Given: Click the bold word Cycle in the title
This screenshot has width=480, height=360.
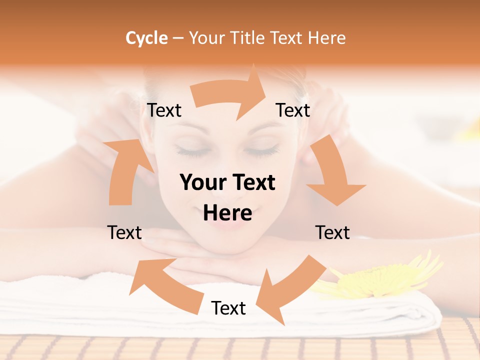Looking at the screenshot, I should pyautogui.click(x=146, y=38).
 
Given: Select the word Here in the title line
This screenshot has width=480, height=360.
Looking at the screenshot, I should pyautogui.click(x=327, y=38).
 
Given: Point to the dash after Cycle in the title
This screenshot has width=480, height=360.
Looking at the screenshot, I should pyautogui.click(x=178, y=38).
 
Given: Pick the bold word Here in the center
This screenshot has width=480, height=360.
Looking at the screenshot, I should pyautogui.click(x=227, y=213).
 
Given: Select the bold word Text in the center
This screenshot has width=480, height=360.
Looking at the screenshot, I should pyautogui.click(x=252, y=182).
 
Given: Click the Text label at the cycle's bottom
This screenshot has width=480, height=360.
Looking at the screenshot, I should pyautogui.click(x=228, y=308).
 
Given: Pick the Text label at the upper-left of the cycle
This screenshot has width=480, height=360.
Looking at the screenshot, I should pyautogui.click(x=164, y=110).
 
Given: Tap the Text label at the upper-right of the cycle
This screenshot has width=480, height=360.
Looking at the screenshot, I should pyautogui.click(x=293, y=110).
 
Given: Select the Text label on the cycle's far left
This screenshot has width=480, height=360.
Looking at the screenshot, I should pyautogui.click(x=124, y=232).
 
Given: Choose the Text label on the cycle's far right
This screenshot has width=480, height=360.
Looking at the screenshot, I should pyautogui.click(x=332, y=232).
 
